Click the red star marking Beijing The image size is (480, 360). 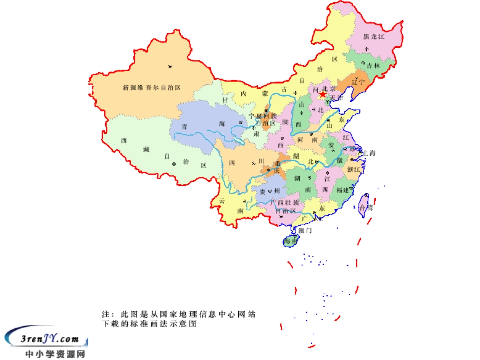(322, 94)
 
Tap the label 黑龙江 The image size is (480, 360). (374, 37)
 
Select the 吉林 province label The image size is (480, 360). (374, 65)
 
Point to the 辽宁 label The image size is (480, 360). (358, 81)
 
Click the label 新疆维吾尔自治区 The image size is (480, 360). (152, 87)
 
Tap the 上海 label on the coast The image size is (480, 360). (369, 153)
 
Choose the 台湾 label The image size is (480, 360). (365, 208)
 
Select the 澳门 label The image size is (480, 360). (305, 230)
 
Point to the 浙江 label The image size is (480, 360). (354, 170)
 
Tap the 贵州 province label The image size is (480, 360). (269, 192)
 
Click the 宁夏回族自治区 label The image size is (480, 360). (262, 119)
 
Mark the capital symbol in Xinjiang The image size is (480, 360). (169, 66)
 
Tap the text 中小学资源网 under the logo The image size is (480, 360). (56, 354)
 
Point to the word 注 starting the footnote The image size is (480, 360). (106, 314)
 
